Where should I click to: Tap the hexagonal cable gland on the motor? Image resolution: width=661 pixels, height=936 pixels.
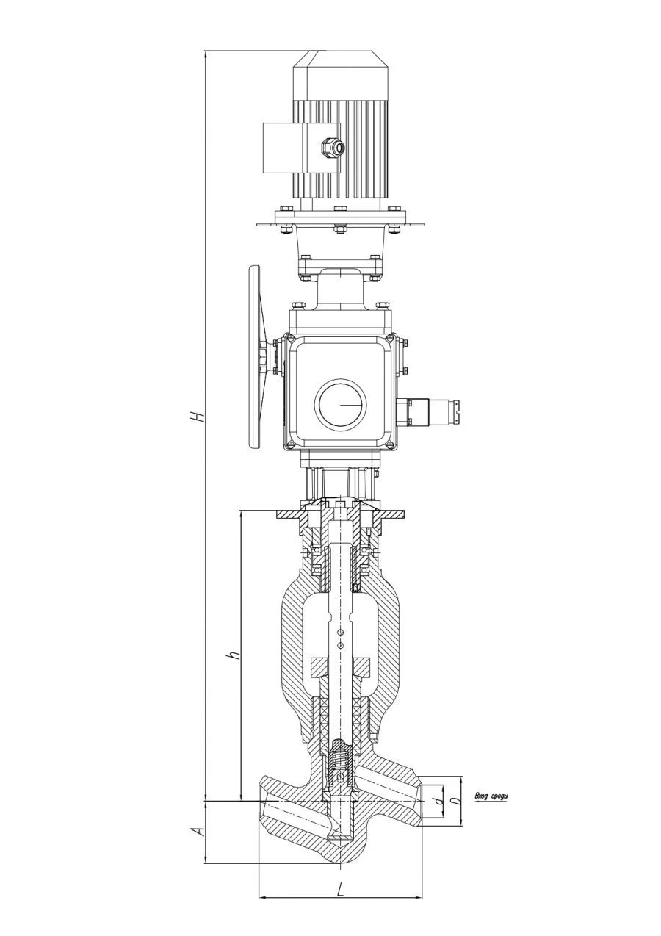tap(333, 147)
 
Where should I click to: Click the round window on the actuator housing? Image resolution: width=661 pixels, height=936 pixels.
tap(340, 404)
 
